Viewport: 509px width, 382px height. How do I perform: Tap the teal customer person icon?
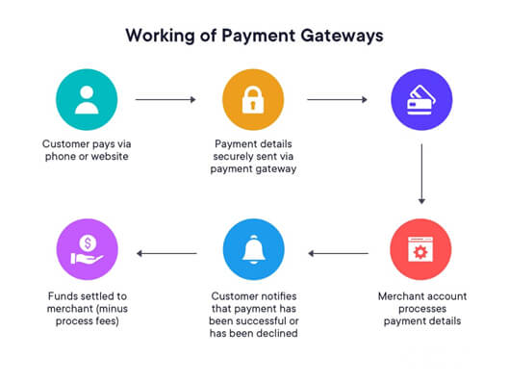87,98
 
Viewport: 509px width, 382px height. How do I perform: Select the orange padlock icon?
253,98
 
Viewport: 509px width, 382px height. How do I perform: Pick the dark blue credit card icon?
421,98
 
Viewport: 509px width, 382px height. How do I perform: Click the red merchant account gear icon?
421,249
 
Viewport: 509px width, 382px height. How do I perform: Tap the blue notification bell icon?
253,249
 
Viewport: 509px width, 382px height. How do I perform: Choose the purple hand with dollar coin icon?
87,249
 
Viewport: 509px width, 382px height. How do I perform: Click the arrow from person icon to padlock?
165,98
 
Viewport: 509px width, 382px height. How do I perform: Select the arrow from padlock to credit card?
337,98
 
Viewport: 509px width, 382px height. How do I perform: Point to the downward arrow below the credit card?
421,173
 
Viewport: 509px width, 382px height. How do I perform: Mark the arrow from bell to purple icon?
166,254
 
